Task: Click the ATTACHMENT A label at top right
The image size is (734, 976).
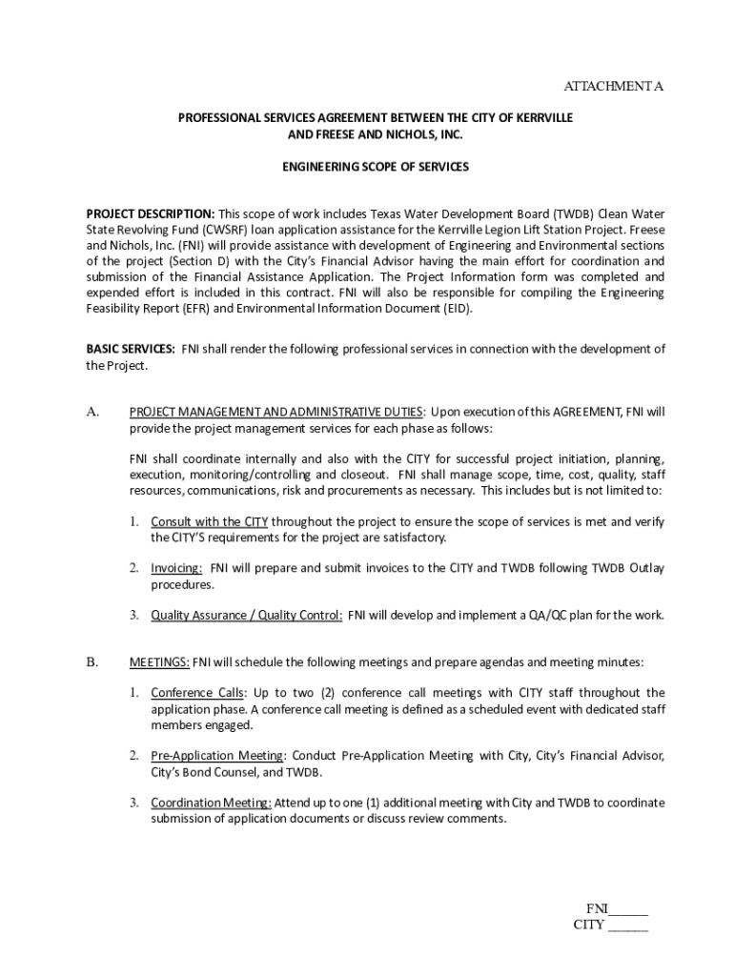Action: click(613, 87)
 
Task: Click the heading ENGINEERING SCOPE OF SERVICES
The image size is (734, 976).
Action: click(376, 167)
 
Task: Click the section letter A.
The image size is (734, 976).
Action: click(92, 412)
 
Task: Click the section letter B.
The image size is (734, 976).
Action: click(92, 661)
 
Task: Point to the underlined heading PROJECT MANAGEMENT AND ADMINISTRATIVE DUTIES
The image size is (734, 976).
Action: click(276, 412)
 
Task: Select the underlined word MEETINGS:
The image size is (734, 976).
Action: click(160, 661)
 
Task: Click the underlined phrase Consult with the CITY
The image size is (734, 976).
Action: click(209, 521)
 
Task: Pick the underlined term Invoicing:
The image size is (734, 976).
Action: click(176, 568)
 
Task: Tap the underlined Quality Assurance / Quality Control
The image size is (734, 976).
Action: click(246, 615)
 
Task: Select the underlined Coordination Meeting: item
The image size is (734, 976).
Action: click(211, 803)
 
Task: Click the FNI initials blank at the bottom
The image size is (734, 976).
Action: click(628, 908)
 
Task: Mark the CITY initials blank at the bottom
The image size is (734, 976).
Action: click(627, 925)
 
